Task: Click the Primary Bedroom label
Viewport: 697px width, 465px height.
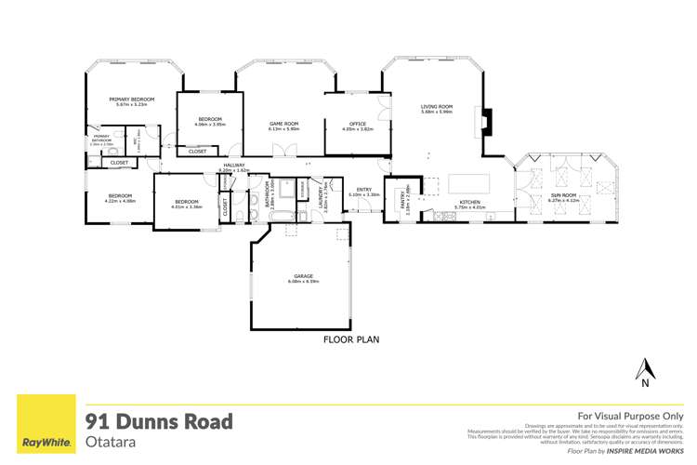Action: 130,99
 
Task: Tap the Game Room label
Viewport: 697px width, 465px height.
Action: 283,123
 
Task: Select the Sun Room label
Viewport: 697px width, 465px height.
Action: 563,194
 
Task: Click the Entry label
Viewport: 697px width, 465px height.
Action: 360,190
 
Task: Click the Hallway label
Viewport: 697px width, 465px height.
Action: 233,165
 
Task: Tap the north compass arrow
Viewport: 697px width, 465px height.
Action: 643,368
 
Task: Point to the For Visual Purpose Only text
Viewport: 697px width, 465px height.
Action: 630,416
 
